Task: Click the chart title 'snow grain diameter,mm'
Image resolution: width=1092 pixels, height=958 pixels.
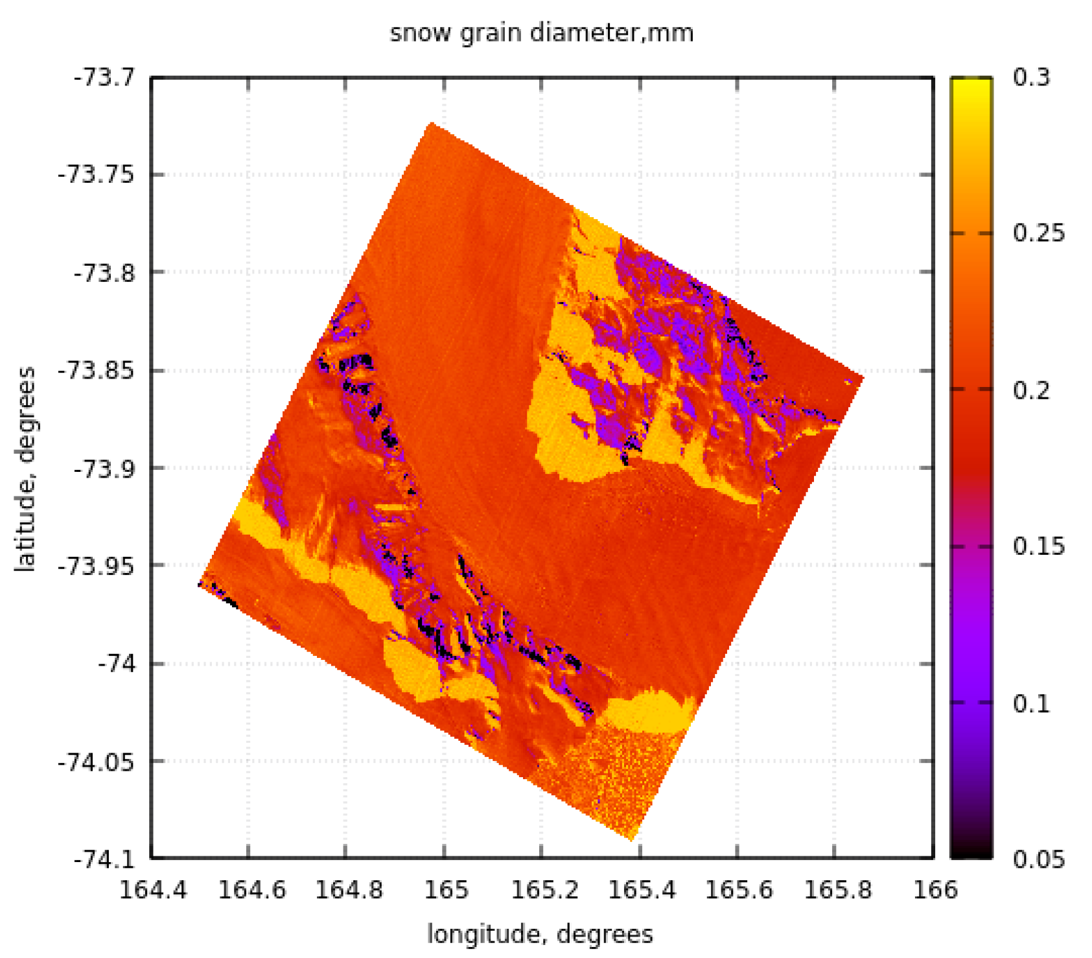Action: point(541,32)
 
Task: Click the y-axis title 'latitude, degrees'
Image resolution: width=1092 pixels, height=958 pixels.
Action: point(26,469)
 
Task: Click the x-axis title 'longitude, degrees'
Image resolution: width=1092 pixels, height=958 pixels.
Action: point(540,934)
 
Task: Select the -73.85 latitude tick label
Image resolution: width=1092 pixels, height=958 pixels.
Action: point(97,371)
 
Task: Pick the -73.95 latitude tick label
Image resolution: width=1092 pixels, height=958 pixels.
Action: point(97,566)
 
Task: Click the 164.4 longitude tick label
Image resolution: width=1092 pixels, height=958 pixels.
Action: point(153,890)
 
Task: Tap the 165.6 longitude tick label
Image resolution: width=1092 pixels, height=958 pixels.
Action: point(738,890)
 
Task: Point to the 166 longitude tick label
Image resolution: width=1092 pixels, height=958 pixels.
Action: point(935,890)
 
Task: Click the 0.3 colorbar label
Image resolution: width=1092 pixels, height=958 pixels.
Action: point(1030,78)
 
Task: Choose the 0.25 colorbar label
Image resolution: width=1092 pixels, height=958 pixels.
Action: point(1038,234)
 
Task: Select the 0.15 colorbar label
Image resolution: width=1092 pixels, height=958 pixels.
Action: point(1038,546)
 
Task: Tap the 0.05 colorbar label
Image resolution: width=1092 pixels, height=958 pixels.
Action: point(1038,859)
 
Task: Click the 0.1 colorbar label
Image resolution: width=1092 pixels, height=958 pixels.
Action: point(1030,703)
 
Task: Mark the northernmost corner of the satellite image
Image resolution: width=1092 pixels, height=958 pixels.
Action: point(430,123)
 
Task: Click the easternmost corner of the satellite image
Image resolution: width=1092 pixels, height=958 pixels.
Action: point(863,377)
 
